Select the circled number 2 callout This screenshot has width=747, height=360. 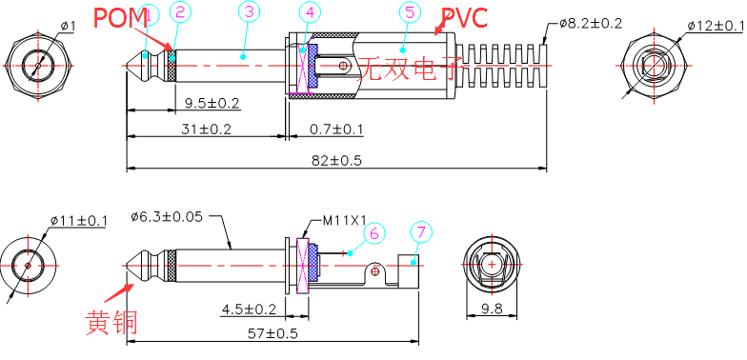pos(180,13)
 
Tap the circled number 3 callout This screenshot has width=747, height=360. pos(250,13)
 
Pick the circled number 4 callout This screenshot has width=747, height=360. pos(311,13)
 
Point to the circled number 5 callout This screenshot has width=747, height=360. pos(410,13)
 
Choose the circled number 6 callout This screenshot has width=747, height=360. pos(373,233)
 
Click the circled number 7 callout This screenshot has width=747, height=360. pos(421,233)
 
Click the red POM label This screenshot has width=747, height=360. pos(120,18)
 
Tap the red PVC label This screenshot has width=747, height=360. pos(465,18)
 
